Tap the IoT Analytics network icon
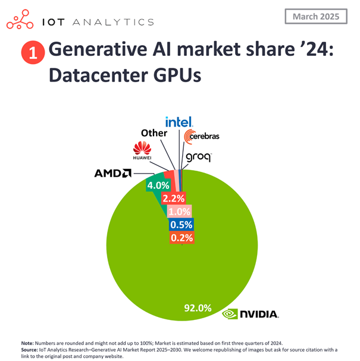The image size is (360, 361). pos(21,21)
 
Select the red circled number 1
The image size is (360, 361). pos(32,53)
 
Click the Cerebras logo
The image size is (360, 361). pos(202,136)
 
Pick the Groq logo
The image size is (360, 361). pos(198,158)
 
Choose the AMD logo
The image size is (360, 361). pos(112,173)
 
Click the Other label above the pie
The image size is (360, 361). pos(154,133)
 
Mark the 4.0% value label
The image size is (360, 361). pos(158,186)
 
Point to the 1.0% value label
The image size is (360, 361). pos(179,211)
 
